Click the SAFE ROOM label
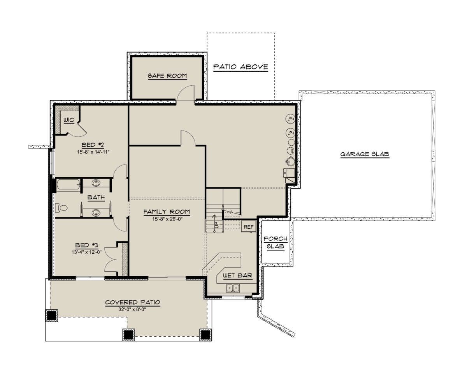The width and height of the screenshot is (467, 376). tap(167, 76)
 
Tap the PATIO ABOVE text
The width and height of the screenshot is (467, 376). tap(241, 67)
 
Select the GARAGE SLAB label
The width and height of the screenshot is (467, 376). tap(365, 154)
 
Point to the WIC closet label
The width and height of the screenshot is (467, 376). tap(69, 120)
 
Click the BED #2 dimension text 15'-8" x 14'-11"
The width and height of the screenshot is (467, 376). tap(93, 152)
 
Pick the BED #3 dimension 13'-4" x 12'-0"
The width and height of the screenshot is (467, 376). tap(86, 252)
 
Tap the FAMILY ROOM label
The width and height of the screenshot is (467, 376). tap(167, 212)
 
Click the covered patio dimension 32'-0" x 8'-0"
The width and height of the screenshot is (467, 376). tap(132, 309)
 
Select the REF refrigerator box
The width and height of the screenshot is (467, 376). tap(249, 227)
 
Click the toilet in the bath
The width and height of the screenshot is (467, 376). tap(61, 208)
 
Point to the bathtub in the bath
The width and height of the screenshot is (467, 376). tap(68, 185)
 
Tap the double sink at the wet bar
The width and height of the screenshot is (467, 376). tap(233, 288)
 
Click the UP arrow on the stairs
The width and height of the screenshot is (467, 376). tap(214, 222)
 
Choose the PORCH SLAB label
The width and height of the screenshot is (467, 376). tap(276, 243)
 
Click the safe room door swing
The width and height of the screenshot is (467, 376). tap(185, 93)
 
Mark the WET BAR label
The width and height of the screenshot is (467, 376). tap(238, 275)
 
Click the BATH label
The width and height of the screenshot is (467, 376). tap(96, 197)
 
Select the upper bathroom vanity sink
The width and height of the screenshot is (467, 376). tap(96, 183)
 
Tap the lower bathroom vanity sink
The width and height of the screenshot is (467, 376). tap(96, 213)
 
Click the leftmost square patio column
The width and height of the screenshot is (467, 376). tap(52, 316)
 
